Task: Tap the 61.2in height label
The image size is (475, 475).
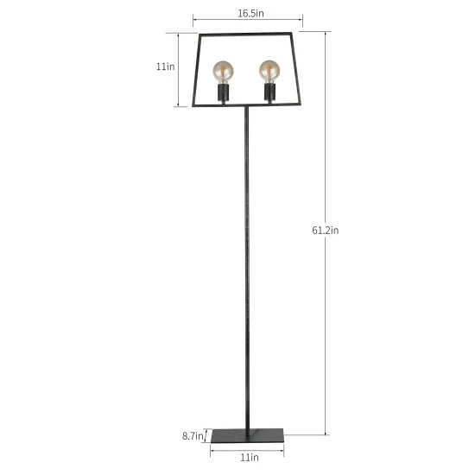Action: (326, 230)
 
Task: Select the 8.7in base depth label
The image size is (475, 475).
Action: (193, 436)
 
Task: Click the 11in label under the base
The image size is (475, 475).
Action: (247, 457)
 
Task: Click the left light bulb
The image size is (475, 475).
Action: (224, 69)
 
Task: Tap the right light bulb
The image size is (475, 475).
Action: (269, 69)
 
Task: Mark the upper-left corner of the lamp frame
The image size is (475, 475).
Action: (200, 36)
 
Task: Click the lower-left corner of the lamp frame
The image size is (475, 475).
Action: (190, 105)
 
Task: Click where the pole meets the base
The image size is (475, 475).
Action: (248, 429)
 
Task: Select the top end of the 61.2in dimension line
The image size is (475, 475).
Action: (326, 33)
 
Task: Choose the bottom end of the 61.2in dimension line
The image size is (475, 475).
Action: (326, 434)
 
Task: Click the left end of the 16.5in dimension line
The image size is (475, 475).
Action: (193, 17)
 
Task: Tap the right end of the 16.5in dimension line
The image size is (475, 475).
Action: (302, 17)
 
